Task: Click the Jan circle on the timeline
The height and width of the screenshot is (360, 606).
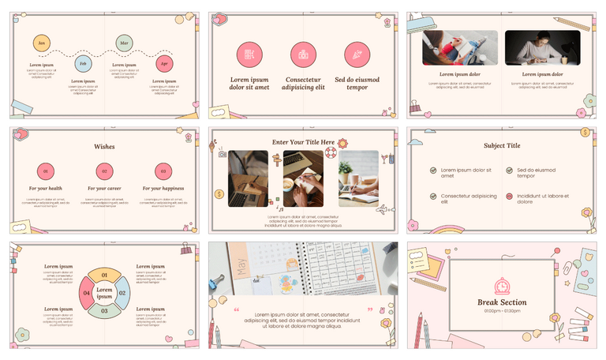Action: coord(43,43)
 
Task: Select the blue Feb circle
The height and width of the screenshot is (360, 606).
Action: coord(83,63)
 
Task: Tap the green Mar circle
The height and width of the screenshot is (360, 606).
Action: coord(124,43)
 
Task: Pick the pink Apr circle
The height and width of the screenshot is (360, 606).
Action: coord(164,63)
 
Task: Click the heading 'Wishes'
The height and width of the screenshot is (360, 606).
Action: coord(104,146)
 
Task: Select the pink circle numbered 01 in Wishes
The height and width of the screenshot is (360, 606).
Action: coord(46,171)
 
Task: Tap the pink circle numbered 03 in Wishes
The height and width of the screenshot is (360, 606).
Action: coord(163,171)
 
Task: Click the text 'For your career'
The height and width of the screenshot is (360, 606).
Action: coord(104,189)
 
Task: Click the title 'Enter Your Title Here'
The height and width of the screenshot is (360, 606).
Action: coord(303,142)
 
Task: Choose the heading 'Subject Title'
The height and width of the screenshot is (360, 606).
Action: coord(502,145)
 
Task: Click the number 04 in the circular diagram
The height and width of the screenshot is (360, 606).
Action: coord(87,294)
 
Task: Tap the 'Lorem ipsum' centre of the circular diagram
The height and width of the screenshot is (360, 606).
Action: coord(104,294)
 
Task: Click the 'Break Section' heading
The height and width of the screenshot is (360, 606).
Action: coord(502,302)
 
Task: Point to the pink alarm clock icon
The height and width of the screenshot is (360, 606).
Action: coord(502,286)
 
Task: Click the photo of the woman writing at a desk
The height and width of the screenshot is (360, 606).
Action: coord(542,47)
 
